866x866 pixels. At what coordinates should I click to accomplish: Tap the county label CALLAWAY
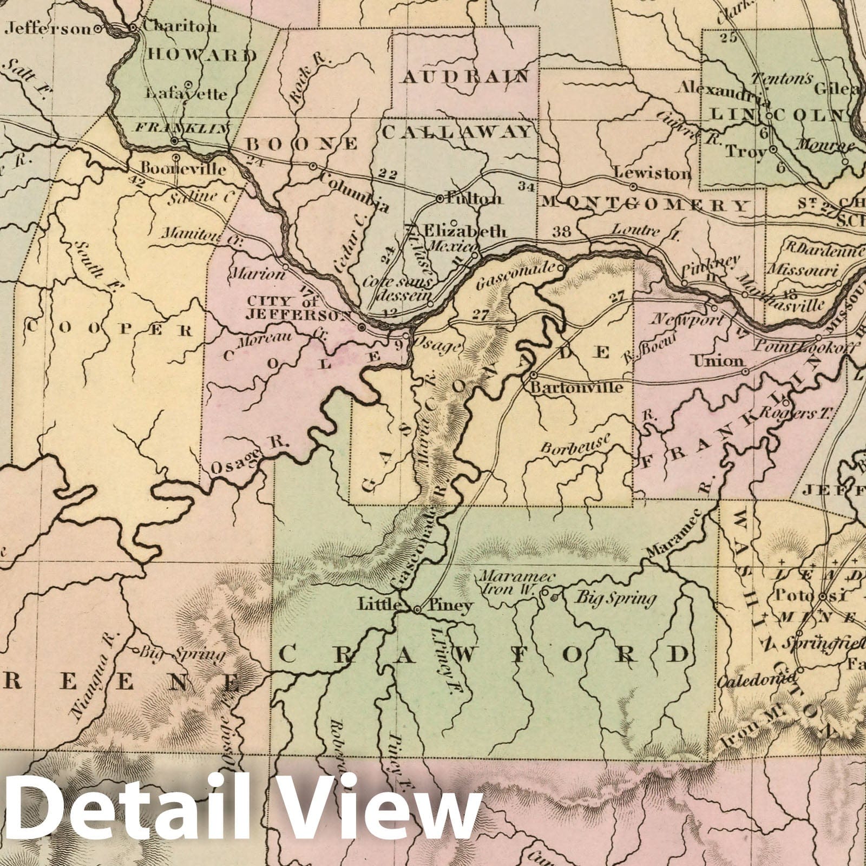(457, 131)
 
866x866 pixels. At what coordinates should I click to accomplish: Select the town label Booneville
(183, 168)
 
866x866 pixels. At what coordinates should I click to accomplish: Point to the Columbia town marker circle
(313, 166)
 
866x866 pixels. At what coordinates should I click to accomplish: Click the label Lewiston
(653, 173)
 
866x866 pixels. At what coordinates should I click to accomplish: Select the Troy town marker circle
(774, 149)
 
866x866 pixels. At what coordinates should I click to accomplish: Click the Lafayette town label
(186, 94)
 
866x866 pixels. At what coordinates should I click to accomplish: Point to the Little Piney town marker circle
(417, 610)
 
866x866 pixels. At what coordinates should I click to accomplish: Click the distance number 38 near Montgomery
(563, 231)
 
